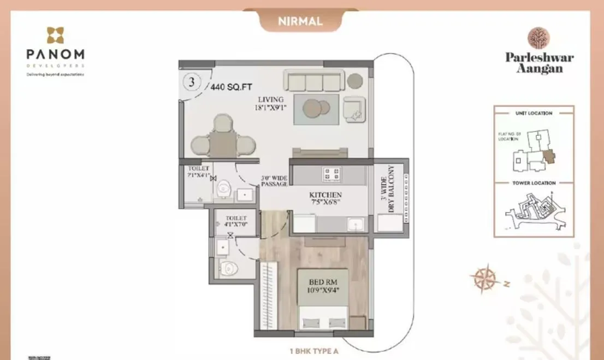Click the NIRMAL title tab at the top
(x=300, y=22)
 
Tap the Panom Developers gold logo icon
(x=55, y=36)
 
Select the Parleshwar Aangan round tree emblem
(x=538, y=38)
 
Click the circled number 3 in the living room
(x=191, y=82)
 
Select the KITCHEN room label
(x=325, y=199)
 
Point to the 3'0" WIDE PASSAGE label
(x=274, y=181)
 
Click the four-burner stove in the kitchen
(x=331, y=174)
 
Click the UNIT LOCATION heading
(x=534, y=113)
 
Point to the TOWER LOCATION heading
(x=534, y=183)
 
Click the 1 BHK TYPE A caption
(x=314, y=351)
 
